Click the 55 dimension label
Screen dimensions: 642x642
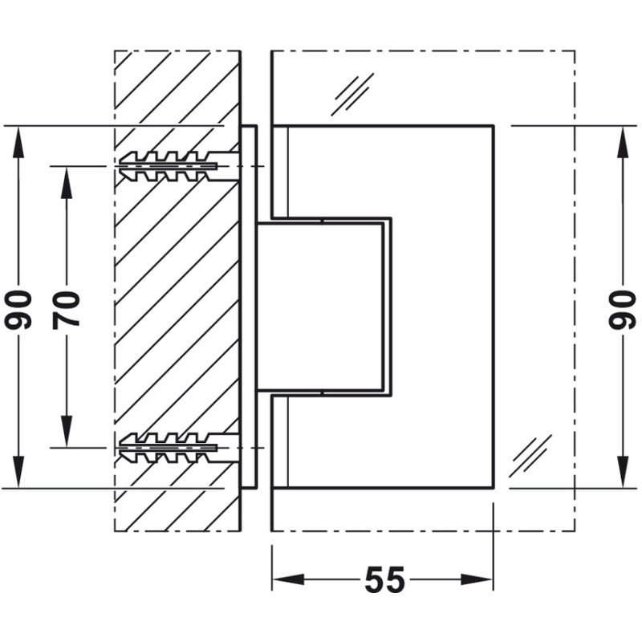(384, 579)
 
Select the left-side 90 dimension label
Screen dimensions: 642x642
(18, 310)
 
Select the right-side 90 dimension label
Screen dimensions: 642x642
(623, 310)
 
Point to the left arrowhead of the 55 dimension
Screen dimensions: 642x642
(288, 579)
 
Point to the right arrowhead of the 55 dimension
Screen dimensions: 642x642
(477, 579)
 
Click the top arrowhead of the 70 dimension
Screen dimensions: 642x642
(67, 183)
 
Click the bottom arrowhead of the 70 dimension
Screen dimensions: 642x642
(67, 431)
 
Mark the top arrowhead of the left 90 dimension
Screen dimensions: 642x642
(18, 143)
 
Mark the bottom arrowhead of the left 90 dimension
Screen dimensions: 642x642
(18, 472)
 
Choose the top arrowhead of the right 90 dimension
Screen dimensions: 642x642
(623, 143)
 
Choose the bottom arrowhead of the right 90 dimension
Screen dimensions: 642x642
(623, 472)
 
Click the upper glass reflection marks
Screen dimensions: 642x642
(352, 94)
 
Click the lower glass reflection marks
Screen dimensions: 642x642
(530, 456)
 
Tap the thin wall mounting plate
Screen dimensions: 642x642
(249, 307)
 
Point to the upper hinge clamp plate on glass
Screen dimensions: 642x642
(383, 172)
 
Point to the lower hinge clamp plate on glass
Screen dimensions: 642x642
(383, 441)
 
